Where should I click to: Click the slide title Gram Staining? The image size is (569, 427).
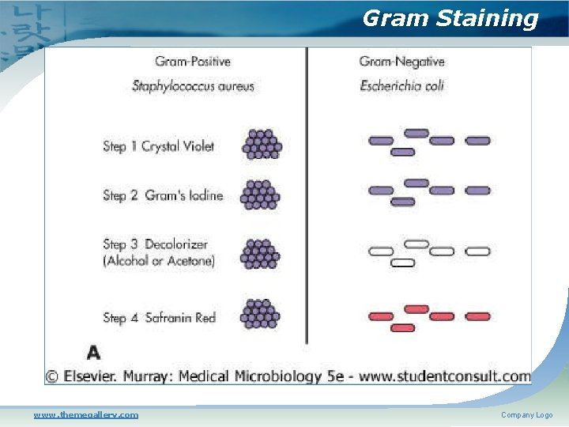pos(450,18)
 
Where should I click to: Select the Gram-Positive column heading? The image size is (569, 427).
pos(192,62)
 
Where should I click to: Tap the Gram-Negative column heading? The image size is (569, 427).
pos(401,62)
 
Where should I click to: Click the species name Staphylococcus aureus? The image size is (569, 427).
pos(193,85)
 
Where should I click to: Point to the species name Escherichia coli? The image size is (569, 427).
pos(401,85)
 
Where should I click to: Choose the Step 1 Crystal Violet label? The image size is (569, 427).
pos(158,146)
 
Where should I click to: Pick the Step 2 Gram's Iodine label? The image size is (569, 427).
pos(163,195)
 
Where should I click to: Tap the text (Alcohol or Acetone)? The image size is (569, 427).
pos(159,260)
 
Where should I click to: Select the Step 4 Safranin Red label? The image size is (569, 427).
pos(159,318)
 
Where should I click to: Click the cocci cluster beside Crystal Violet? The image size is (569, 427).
pos(262,145)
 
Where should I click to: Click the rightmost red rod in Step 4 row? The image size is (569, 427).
pos(477,316)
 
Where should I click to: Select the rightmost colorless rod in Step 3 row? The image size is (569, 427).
pos(477,251)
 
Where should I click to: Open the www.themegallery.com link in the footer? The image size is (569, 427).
pos(85,414)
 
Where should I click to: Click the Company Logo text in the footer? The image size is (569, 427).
pos(526,414)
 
